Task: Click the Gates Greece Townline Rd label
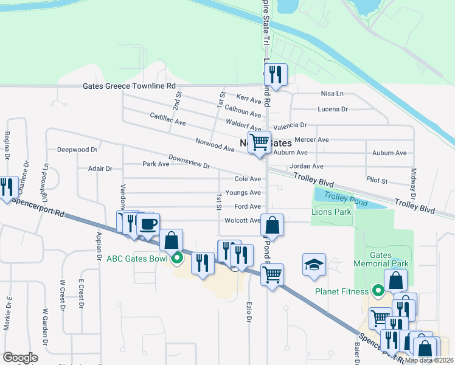coord(129,86)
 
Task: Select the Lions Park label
coord(331,212)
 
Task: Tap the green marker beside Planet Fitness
coord(378,291)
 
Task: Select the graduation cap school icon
coord(314,265)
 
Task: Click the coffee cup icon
coord(148,224)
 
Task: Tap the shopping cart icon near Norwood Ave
coord(260,142)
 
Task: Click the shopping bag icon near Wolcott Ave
coord(274,224)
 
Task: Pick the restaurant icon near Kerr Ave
coord(276,75)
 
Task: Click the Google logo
coord(21,358)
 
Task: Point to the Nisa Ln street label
coord(332,94)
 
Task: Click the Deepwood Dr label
coord(77,150)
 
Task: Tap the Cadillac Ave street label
coord(168,119)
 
